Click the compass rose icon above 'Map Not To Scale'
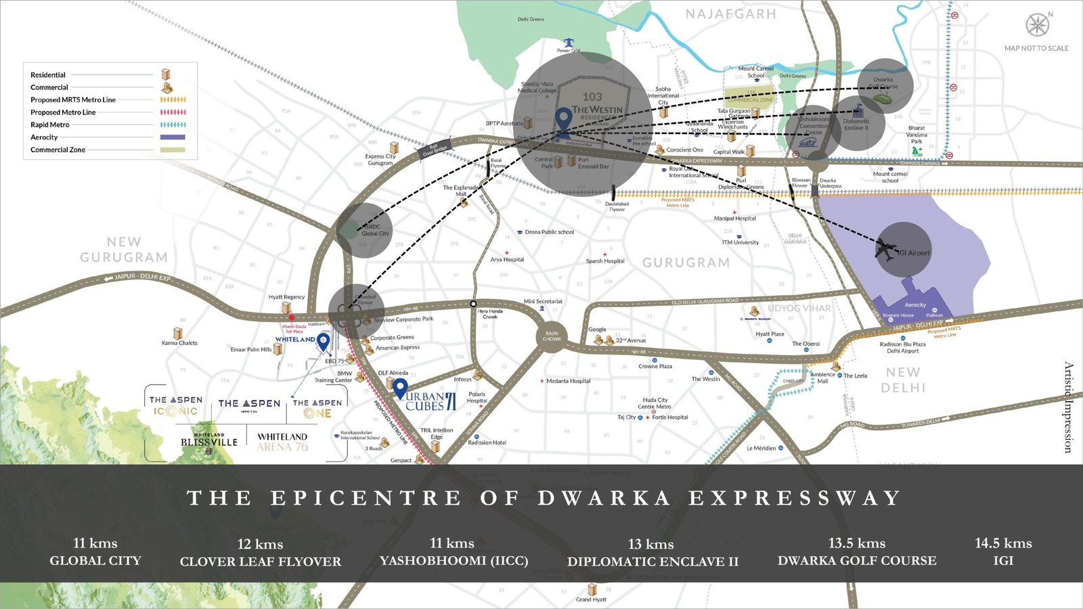pos(1037,25)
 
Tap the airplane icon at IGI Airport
pos(885,249)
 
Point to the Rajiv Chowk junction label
pos(552,336)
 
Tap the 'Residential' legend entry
pos(48,75)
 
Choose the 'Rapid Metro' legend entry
pos(49,125)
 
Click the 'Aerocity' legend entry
pos(44,137)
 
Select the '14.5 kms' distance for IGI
pos(1003,543)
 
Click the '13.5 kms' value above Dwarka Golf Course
pos(857,543)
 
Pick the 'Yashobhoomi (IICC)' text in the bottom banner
pos(454,561)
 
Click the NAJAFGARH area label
pos(730,14)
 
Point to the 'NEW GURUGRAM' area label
pos(124,250)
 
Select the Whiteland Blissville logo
pos(209,441)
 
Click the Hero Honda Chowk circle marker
pos(473,304)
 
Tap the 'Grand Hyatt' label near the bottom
pos(591,600)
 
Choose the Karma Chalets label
pos(179,343)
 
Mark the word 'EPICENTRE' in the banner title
pos(366,499)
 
